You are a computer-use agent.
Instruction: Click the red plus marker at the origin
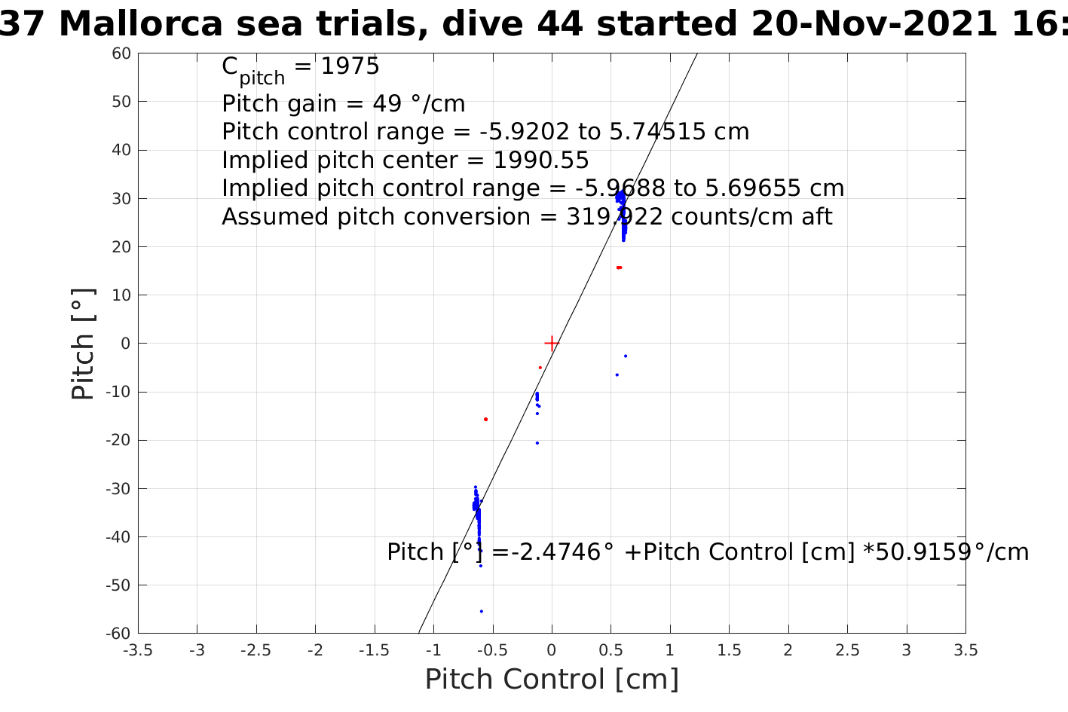pos(552,344)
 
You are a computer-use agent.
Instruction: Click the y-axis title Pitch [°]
pos(83,344)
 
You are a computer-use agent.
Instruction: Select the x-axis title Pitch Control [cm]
pos(552,680)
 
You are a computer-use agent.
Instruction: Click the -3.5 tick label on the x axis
pos(137,650)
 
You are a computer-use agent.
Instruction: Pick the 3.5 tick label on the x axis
pos(965,650)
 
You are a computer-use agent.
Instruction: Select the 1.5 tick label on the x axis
pos(729,650)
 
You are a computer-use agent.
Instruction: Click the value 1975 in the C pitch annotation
pos(350,67)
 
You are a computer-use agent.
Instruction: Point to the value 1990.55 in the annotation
pos(541,160)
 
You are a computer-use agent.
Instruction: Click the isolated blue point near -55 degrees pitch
pos(482,611)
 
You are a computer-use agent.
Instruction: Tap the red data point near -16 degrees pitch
pos(485,419)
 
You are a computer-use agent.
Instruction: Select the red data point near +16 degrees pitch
pos(619,267)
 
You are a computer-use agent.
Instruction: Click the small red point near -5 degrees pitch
pos(540,368)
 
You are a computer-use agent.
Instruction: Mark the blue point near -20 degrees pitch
pos(537,443)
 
